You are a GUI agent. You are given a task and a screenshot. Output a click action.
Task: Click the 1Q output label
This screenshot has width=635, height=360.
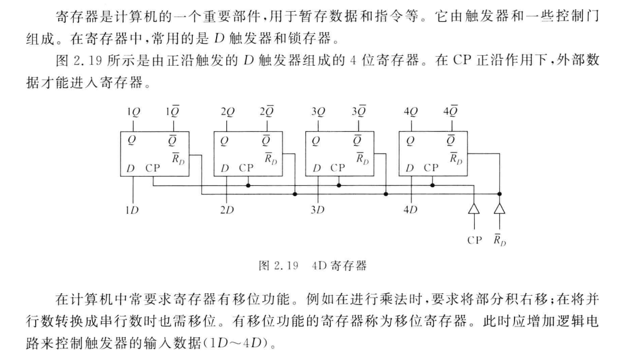(x=133, y=113)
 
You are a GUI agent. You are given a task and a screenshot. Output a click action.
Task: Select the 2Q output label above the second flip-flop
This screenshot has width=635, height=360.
(x=227, y=113)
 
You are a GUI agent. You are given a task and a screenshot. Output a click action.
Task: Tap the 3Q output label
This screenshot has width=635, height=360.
(x=318, y=113)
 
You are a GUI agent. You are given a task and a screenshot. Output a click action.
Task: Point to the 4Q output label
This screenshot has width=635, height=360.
(x=410, y=113)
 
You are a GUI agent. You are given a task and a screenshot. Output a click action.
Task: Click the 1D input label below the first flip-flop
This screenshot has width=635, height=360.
(x=132, y=210)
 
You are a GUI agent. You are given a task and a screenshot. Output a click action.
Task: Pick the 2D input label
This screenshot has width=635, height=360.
(x=227, y=210)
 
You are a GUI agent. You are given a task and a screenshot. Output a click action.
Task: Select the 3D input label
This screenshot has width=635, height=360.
(x=317, y=210)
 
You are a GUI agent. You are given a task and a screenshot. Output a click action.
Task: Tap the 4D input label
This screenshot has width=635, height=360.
(x=410, y=210)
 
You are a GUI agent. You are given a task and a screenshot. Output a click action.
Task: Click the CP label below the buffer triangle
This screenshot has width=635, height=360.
(x=475, y=240)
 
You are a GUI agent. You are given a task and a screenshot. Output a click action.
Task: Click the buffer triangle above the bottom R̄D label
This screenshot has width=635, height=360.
(x=499, y=210)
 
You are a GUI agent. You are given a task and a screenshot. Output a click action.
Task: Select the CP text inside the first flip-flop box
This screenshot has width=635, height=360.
(x=153, y=168)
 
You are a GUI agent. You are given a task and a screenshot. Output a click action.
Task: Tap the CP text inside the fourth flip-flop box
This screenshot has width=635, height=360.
(x=432, y=168)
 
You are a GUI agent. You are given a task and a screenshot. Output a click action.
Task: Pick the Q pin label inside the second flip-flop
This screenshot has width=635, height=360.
(x=224, y=141)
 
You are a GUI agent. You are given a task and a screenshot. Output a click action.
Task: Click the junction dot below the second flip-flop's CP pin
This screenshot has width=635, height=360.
(x=248, y=185)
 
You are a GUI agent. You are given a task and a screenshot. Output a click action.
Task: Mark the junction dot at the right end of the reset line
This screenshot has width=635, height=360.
(x=499, y=194)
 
